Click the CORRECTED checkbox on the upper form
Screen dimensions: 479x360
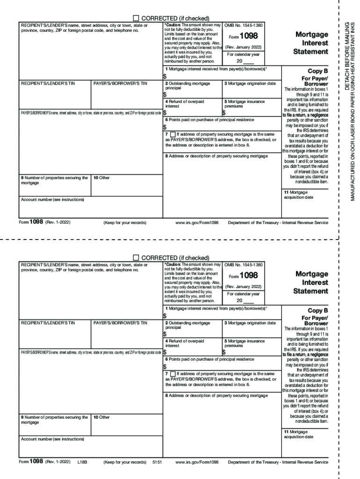point(137,18)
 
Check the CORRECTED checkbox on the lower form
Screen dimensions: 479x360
point(137,257)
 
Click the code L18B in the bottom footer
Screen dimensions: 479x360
point(83,462)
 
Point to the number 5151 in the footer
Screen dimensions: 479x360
point(157,462)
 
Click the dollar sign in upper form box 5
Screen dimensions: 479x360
point(223,113)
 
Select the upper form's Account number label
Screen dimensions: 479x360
point(52,200)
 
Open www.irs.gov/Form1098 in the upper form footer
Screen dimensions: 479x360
point(197,223)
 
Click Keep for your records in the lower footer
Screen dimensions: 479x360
point(125,462)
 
